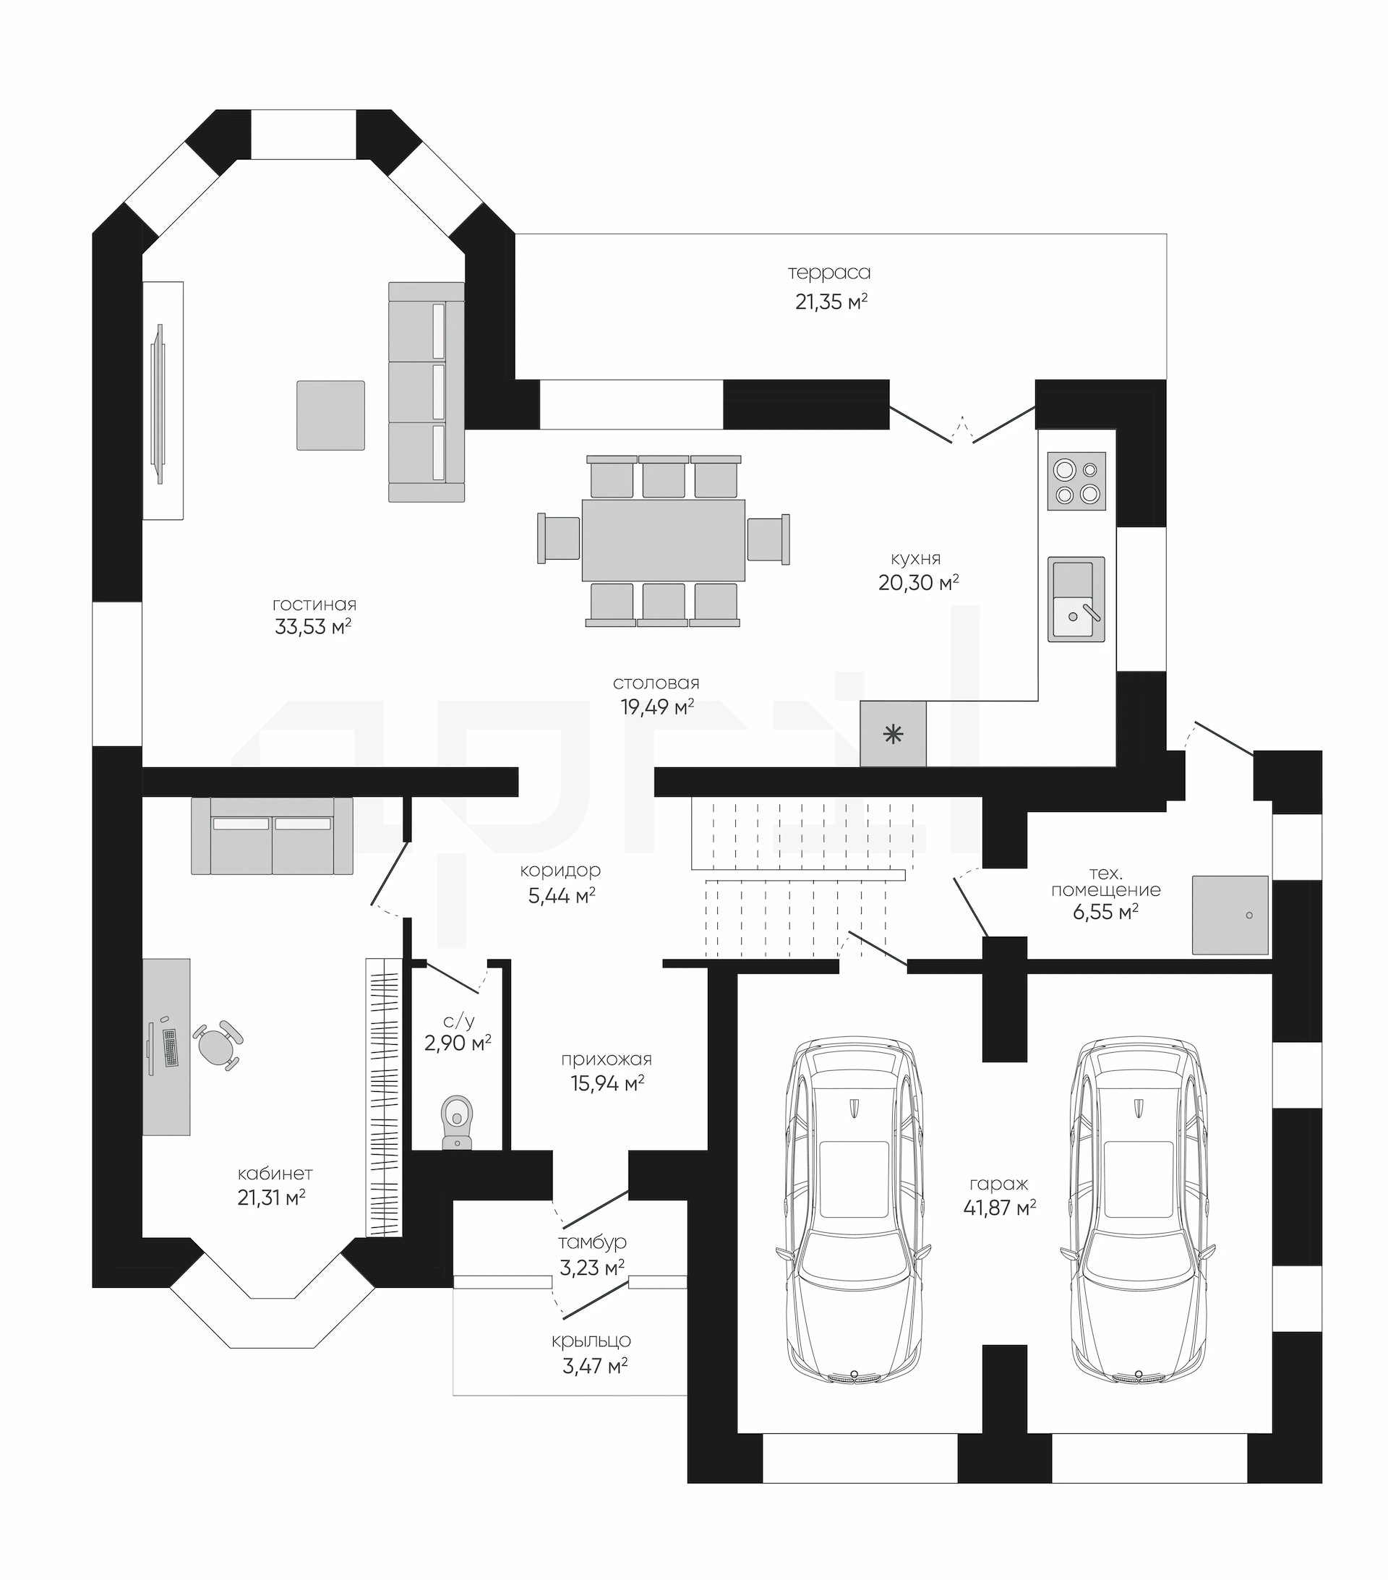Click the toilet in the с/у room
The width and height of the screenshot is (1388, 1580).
point(457,1122)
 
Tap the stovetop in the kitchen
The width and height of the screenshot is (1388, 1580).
point(1076,482)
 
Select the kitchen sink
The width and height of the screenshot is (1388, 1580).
point(1076,599)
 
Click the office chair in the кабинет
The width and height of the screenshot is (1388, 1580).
point(217,1045)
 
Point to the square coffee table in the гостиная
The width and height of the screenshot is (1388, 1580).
point(331,415)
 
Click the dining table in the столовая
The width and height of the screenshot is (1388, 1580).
point(663,539)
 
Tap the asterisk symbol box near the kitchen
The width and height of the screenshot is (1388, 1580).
point(894,733)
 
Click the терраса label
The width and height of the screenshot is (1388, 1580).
point(829,272)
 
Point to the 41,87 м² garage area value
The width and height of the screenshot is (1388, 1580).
point(999,1208)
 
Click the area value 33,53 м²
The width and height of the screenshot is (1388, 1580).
point(313,626)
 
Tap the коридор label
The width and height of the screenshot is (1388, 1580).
point(560,871)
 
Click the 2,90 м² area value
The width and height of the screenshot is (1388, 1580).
point(458,1043)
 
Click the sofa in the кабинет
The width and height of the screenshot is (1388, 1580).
point(272,836)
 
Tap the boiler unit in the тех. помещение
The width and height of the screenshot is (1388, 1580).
point(1230,915)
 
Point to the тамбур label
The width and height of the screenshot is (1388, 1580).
point(592,1242)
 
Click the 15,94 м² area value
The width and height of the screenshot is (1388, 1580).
point(607,1083)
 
